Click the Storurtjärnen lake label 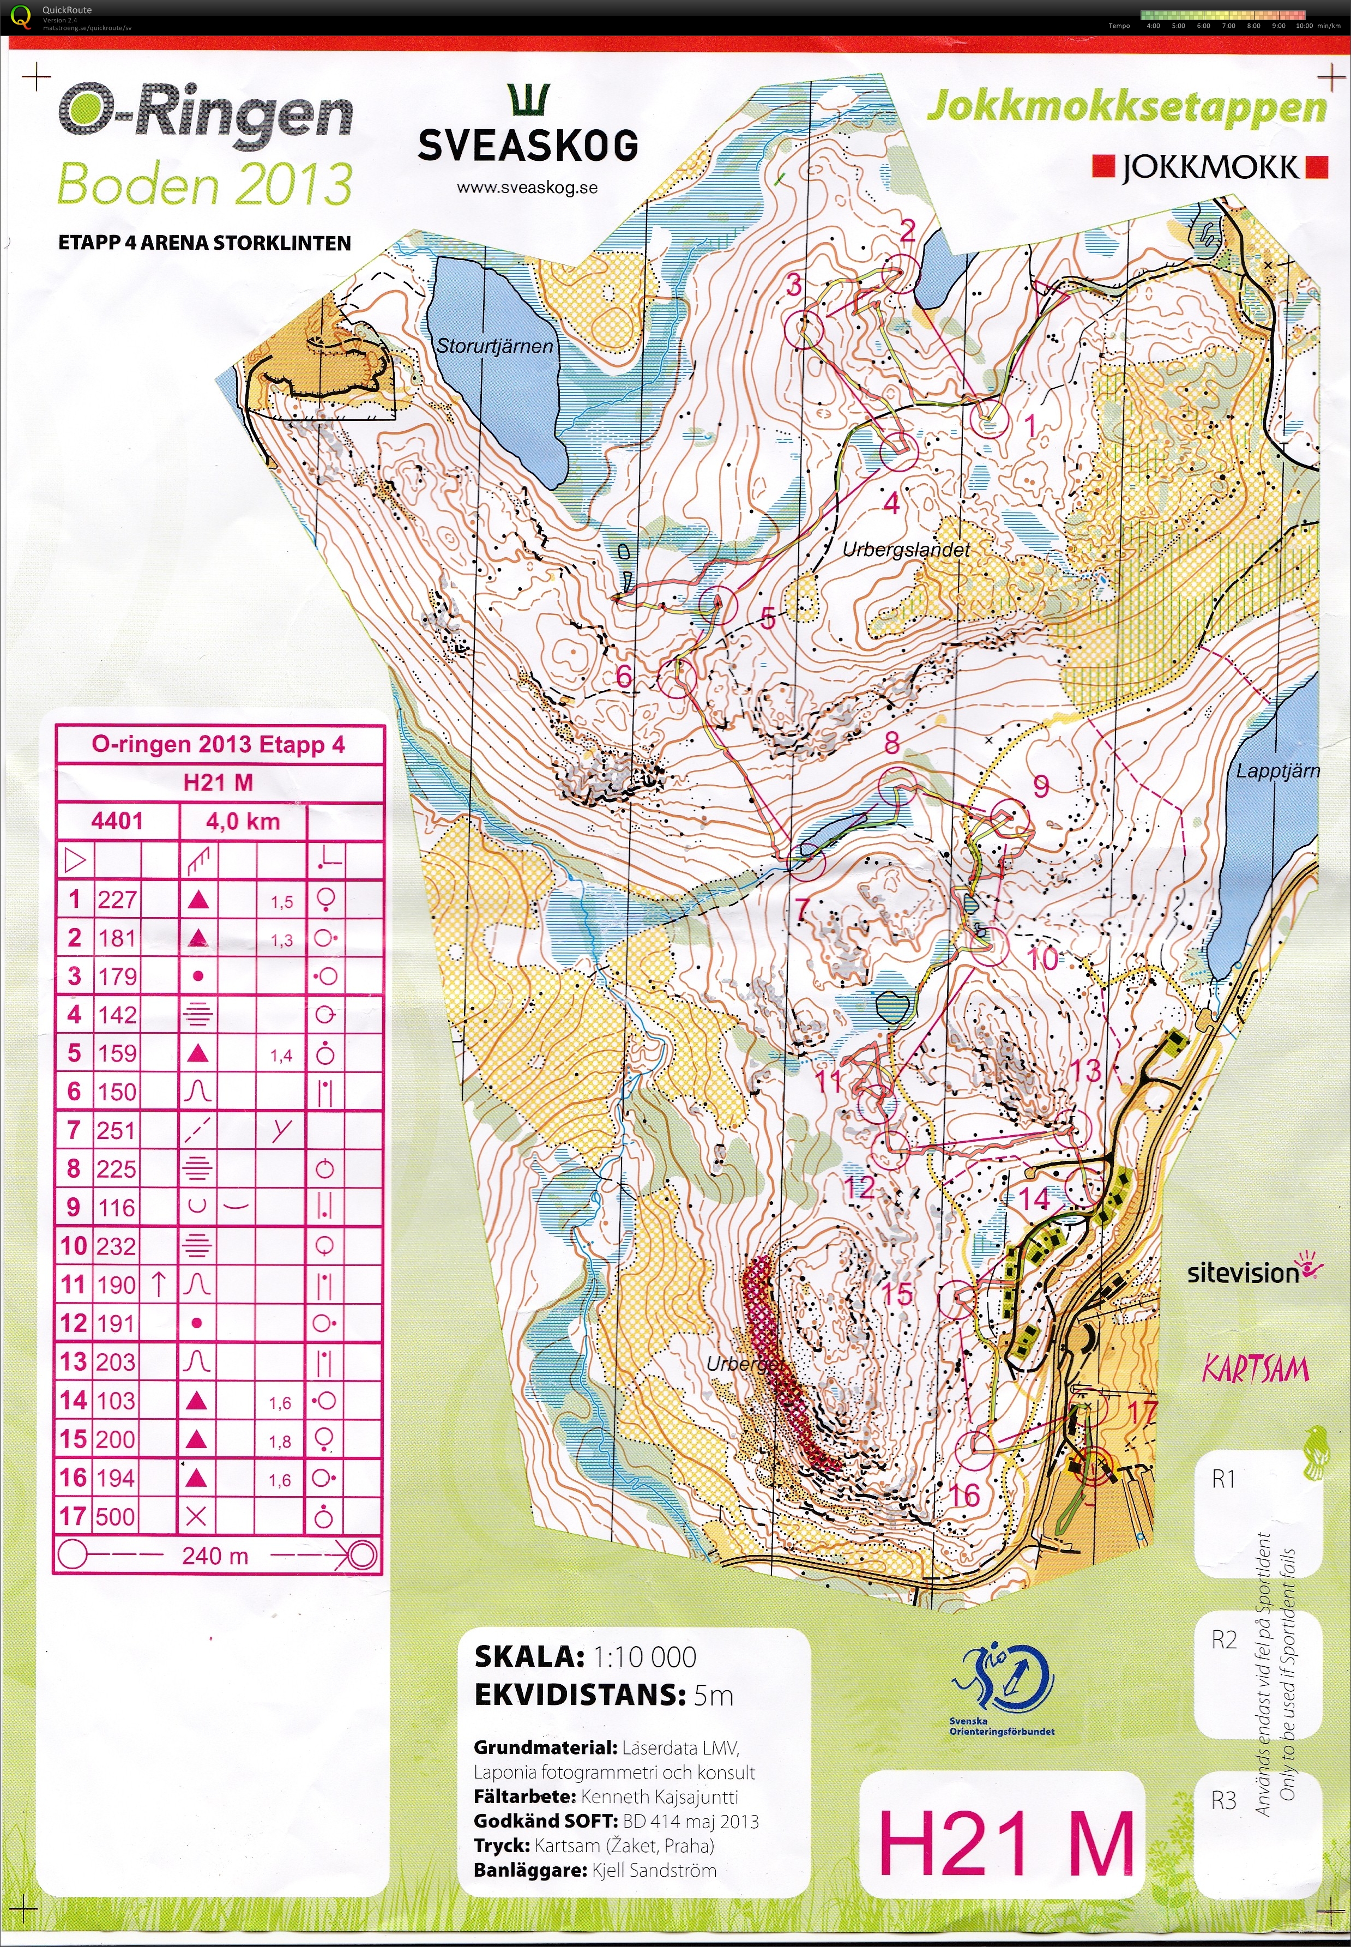494,346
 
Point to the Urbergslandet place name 906,550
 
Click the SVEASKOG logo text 528,147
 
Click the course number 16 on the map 964,1495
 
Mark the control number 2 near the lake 907,230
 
